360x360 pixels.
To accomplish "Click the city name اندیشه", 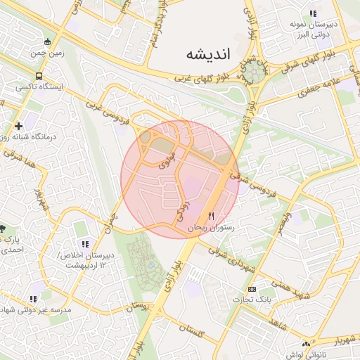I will click(214, 53).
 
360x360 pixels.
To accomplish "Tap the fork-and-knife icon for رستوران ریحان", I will click(211, 216).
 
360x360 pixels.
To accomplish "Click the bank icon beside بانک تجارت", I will click(252, 289).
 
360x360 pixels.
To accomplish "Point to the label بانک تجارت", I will click(274, 298).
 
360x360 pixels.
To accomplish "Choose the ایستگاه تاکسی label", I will click(40, 87).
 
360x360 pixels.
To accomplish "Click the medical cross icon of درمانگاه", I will click(18, 126).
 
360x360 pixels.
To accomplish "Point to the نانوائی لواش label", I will click(323, 356).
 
